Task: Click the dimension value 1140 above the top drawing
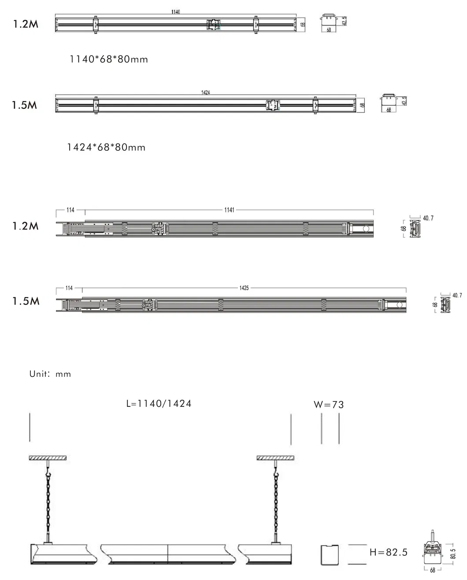(x=175, y=12)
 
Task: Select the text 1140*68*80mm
(x=109, y=59)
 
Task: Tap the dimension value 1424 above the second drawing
(x=205, y=93)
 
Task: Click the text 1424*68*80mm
(x=106, y=147)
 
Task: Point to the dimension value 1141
(x=229, y=210)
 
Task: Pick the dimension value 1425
(x=244, y=288)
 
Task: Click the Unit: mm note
(x=50, y=374)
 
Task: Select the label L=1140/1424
(x=159, y=404)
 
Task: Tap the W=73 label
(x=329, y=405)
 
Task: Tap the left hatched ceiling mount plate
(x=48, y=458)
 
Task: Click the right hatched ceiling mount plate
(x=274, y=458)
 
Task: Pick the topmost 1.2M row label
(x=26, y=24)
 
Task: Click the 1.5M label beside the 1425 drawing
(x=26, y=301)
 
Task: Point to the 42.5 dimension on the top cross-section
(x=344, y=21)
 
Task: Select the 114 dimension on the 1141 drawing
(x=70, y=210)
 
